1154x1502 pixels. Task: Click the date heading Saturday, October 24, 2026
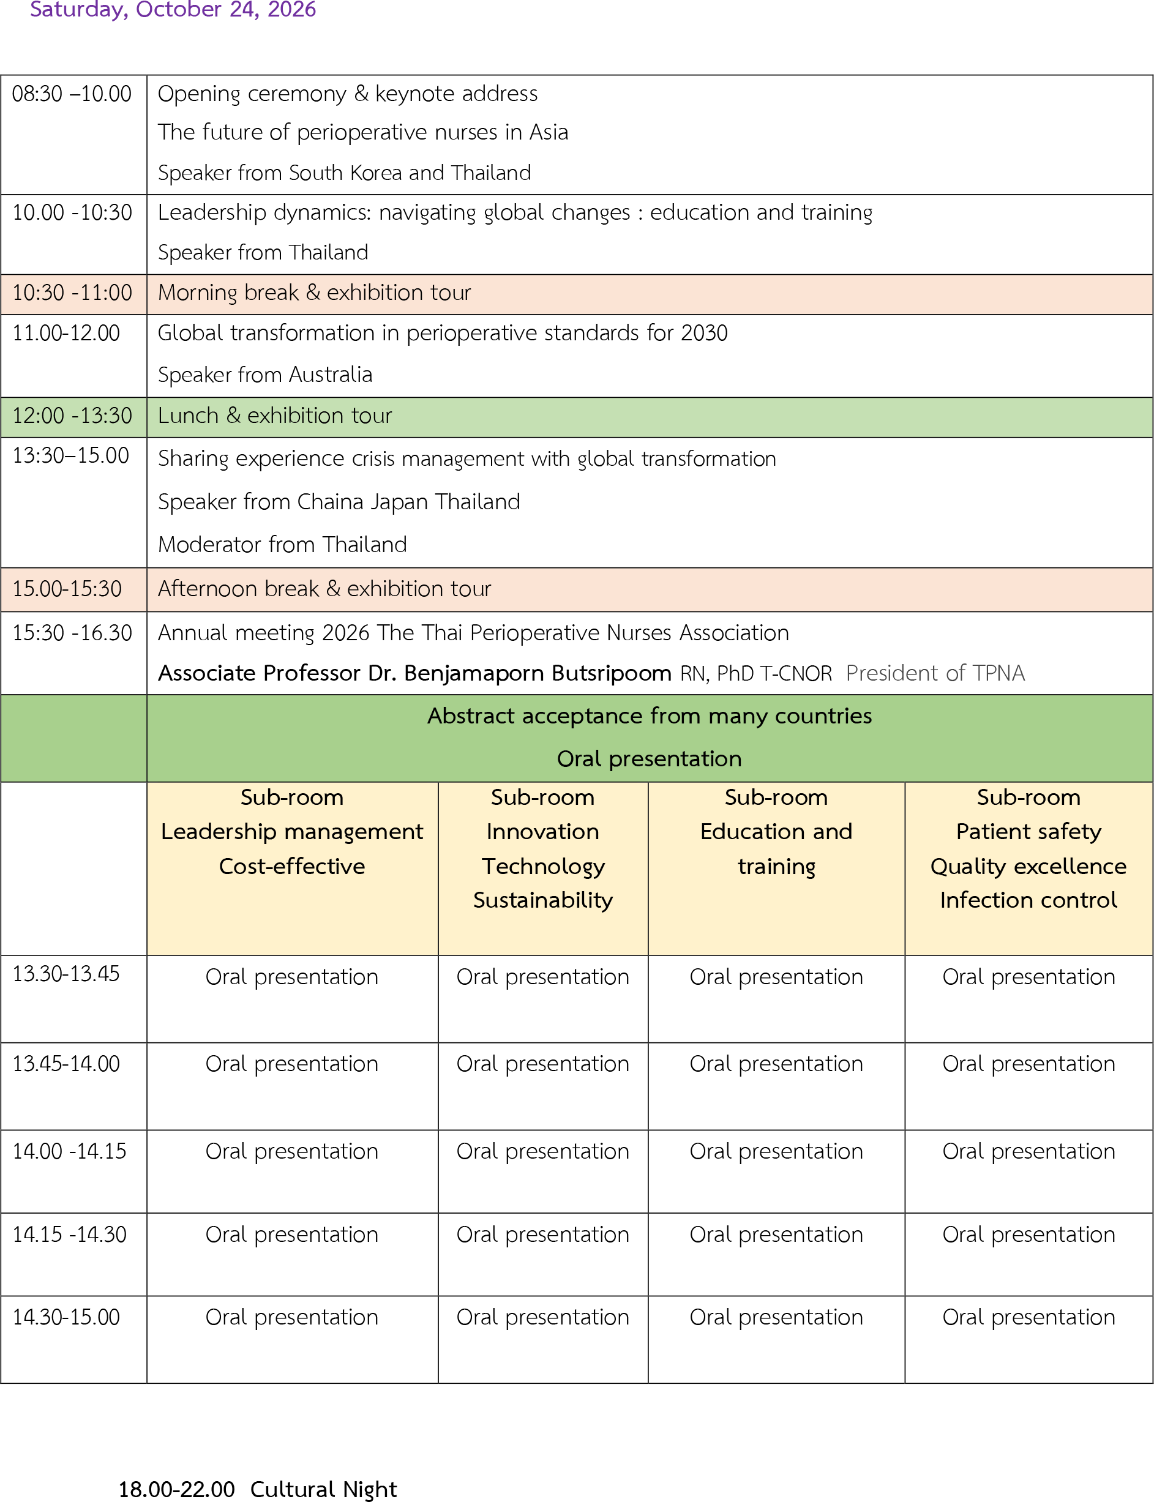173,10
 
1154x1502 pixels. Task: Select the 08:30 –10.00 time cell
72,94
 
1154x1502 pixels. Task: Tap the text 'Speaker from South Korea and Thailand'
344,173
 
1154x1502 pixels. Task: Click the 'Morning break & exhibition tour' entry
314,293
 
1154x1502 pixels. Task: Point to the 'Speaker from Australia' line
264,375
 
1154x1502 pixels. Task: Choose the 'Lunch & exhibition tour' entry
275,416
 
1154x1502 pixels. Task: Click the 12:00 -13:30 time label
72,416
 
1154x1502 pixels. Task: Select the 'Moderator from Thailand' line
282,544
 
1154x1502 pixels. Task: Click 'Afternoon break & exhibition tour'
324,589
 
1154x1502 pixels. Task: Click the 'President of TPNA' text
935,673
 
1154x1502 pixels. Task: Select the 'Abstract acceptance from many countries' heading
649,716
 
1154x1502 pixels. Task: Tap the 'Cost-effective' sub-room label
292,866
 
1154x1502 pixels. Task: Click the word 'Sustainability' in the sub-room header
542,900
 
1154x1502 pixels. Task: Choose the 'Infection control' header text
1028,900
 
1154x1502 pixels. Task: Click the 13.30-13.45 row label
66,973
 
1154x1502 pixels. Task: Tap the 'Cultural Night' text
323,1489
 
